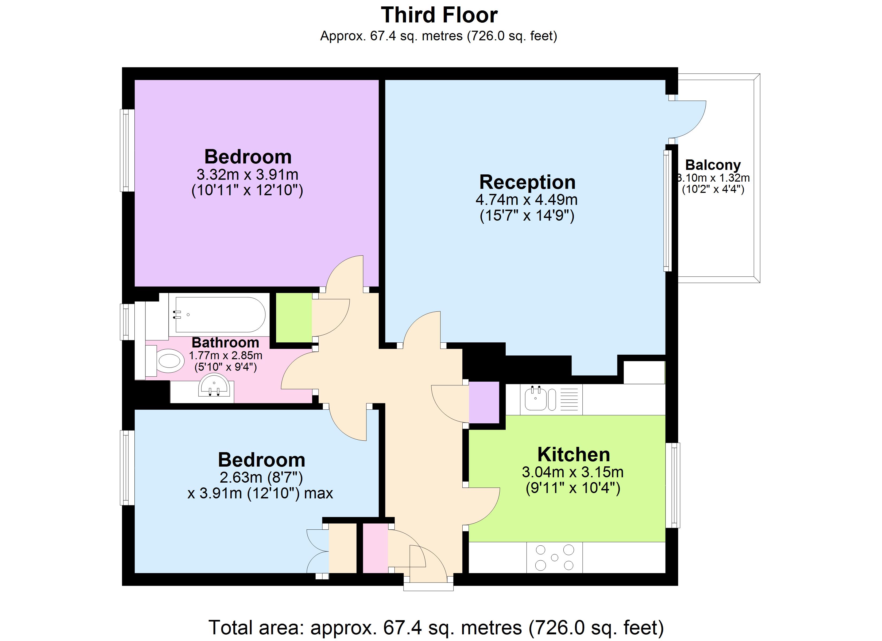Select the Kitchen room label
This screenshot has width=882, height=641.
pyautogui.click(x=573, y=454)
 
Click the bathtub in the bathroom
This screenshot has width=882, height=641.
pyautogui.click(x=220, y=315)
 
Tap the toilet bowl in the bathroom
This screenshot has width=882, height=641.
pyautogui.click(x=170, y=360)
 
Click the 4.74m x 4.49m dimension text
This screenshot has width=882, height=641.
pyautogui.click(x=527, y=200)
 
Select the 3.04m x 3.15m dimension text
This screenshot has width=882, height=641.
pyautogui.click(x=572, y=472)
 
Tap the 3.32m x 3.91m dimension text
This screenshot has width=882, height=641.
pyautogui.click(x=247, y=174)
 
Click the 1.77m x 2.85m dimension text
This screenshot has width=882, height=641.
pyautogui.click(x=226, y=355)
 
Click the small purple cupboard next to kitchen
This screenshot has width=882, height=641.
pyautogui.click(x=484, y=402)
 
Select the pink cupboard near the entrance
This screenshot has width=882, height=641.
pyautogui.click(x=375, y=548)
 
